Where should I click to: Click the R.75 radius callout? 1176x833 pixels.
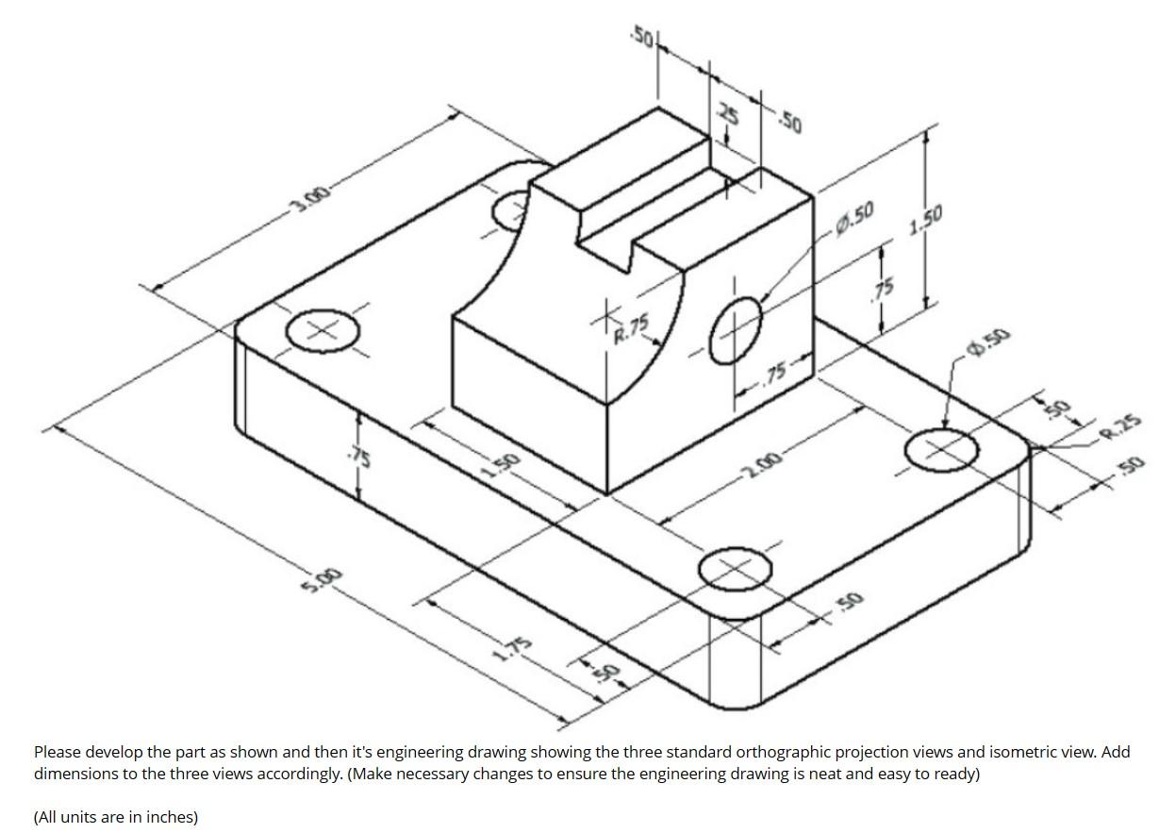(632, 328)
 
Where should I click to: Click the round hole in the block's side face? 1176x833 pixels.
(736, 329)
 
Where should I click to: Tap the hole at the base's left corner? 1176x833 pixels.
(323, 330)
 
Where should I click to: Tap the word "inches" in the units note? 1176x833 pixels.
(167, 817)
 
